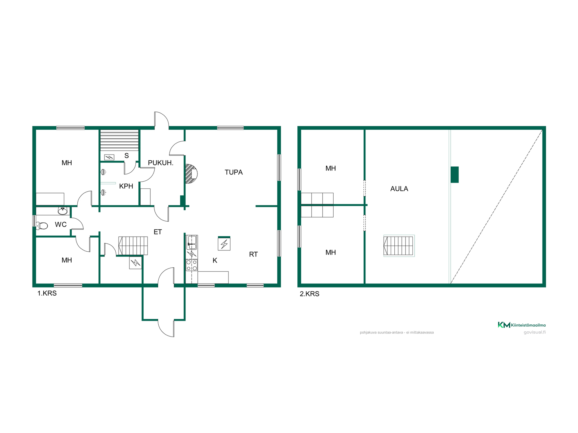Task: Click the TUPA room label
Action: [x=234, y=172]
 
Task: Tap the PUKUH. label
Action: [x=160, y=163]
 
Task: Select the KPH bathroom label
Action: [x=126, y=186]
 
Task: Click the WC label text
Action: [x=61, y=224]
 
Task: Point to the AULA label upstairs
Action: [x=399, y=189]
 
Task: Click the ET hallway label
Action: [x=158, y=232]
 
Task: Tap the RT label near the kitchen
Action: [x=253, y=254]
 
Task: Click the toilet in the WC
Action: [x=42, y=226]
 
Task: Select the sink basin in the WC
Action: [x=63, y=211]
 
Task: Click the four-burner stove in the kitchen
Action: [x=192, y=265]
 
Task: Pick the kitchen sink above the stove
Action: [x=192, y=242]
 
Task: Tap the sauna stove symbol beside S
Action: [x=109, y=157]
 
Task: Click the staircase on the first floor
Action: [x=133, y=246]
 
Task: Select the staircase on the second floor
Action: [x=399, y=246]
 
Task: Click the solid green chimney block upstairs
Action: [x=455, y=175]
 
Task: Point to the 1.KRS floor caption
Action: [x=47, y=293]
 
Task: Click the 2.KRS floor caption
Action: [x=309, y=294]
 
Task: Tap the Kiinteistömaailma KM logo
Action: [x=521, y=325]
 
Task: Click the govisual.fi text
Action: [x=535, y=332]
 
